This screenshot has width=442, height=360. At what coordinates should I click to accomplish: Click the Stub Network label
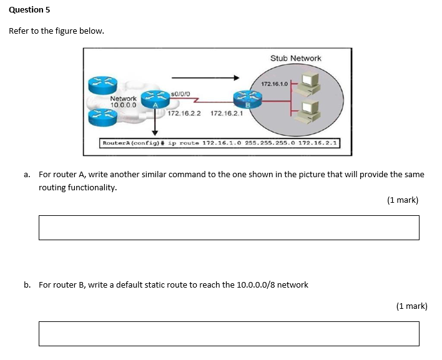(295, 58)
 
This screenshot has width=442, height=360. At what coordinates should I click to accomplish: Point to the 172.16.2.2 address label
(184, 114)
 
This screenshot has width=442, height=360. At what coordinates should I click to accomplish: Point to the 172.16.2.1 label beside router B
(227, 114)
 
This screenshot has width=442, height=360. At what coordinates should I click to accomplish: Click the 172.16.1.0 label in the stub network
(274, 84)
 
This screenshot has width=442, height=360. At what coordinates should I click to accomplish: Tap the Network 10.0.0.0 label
(123, 102)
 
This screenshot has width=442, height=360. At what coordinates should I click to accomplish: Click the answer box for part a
(228, 228)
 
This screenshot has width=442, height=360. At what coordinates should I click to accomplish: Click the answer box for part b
(228, 334)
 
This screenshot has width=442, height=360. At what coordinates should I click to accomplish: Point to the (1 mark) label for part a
(402, 200)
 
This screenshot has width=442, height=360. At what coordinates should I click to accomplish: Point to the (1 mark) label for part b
(411, 306)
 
